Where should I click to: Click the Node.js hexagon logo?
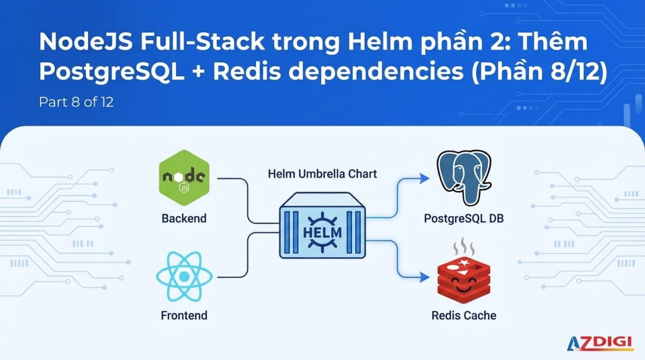[184, 178]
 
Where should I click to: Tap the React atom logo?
[184, 277]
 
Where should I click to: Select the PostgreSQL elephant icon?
[464, 178]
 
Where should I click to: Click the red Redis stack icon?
[463, 280]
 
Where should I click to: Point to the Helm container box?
[322, 225]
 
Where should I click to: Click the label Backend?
[184, 218]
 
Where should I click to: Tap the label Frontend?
[184, 315]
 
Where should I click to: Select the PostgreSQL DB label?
[464, 218]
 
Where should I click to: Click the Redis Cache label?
[464, 315]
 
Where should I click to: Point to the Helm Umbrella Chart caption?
[322, 174]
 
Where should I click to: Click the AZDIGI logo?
[600, 343]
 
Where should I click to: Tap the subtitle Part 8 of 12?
[76, 102]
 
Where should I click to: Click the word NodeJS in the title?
[86, 42]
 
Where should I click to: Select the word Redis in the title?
[247, 71]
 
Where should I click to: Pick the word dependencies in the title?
[376, 73]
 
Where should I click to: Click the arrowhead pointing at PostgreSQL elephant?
[424, 178]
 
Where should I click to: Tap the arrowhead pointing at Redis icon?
[424, 277]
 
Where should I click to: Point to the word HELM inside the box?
[322, 233]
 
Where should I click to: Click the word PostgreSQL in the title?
[112, 73]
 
